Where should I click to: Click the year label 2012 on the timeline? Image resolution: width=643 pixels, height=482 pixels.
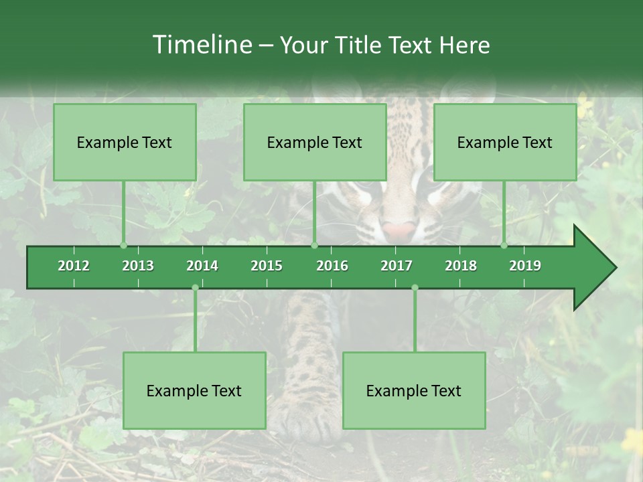point(74,266)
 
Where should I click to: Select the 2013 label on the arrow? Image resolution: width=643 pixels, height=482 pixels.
point(138,266)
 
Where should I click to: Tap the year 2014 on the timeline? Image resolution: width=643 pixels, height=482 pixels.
point(202,266)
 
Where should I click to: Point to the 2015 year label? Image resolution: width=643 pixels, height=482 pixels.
point(267,266)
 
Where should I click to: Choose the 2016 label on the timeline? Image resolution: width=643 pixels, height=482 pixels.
point(332,266)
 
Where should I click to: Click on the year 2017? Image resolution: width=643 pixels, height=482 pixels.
point(397,266)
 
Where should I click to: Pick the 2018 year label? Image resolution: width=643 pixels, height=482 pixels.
point(461,266)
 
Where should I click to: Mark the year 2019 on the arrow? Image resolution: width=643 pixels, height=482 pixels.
point(525,266)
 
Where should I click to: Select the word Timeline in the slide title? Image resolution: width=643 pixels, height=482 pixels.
point(201,45)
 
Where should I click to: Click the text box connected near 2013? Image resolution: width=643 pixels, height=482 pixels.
point(125,142)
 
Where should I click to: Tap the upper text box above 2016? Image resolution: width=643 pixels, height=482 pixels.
point(315,142)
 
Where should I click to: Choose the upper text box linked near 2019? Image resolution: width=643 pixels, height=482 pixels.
point(505,142)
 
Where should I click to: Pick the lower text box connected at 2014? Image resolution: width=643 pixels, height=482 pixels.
point(194,390)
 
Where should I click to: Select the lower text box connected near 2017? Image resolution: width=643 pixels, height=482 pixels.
point(414,390)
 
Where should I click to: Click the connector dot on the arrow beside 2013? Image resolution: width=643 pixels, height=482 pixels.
point(123,246)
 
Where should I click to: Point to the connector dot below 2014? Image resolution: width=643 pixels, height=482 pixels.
point(195,288)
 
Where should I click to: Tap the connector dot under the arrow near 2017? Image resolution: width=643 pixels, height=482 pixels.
point(415,288)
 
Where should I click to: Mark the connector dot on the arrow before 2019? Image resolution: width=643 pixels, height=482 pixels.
point(504,246)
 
